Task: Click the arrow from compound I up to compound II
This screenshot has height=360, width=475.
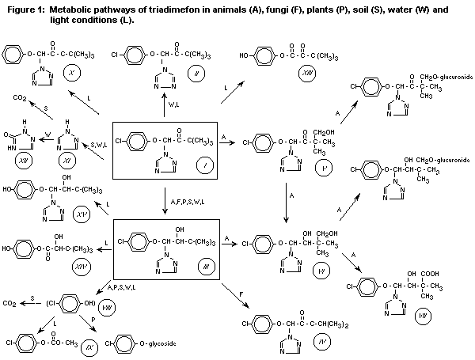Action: click(x=164, y=106)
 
